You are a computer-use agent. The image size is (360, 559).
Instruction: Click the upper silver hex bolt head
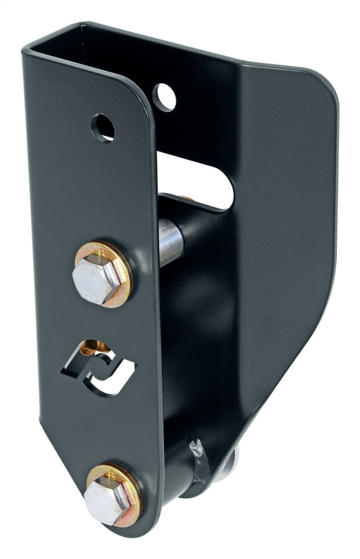[x=96, y=277]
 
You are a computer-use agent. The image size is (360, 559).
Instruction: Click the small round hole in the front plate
[x=103, y=127]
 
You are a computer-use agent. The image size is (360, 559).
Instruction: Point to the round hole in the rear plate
[x=164, y=96]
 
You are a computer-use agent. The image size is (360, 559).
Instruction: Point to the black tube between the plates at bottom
[x=180, y=472]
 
